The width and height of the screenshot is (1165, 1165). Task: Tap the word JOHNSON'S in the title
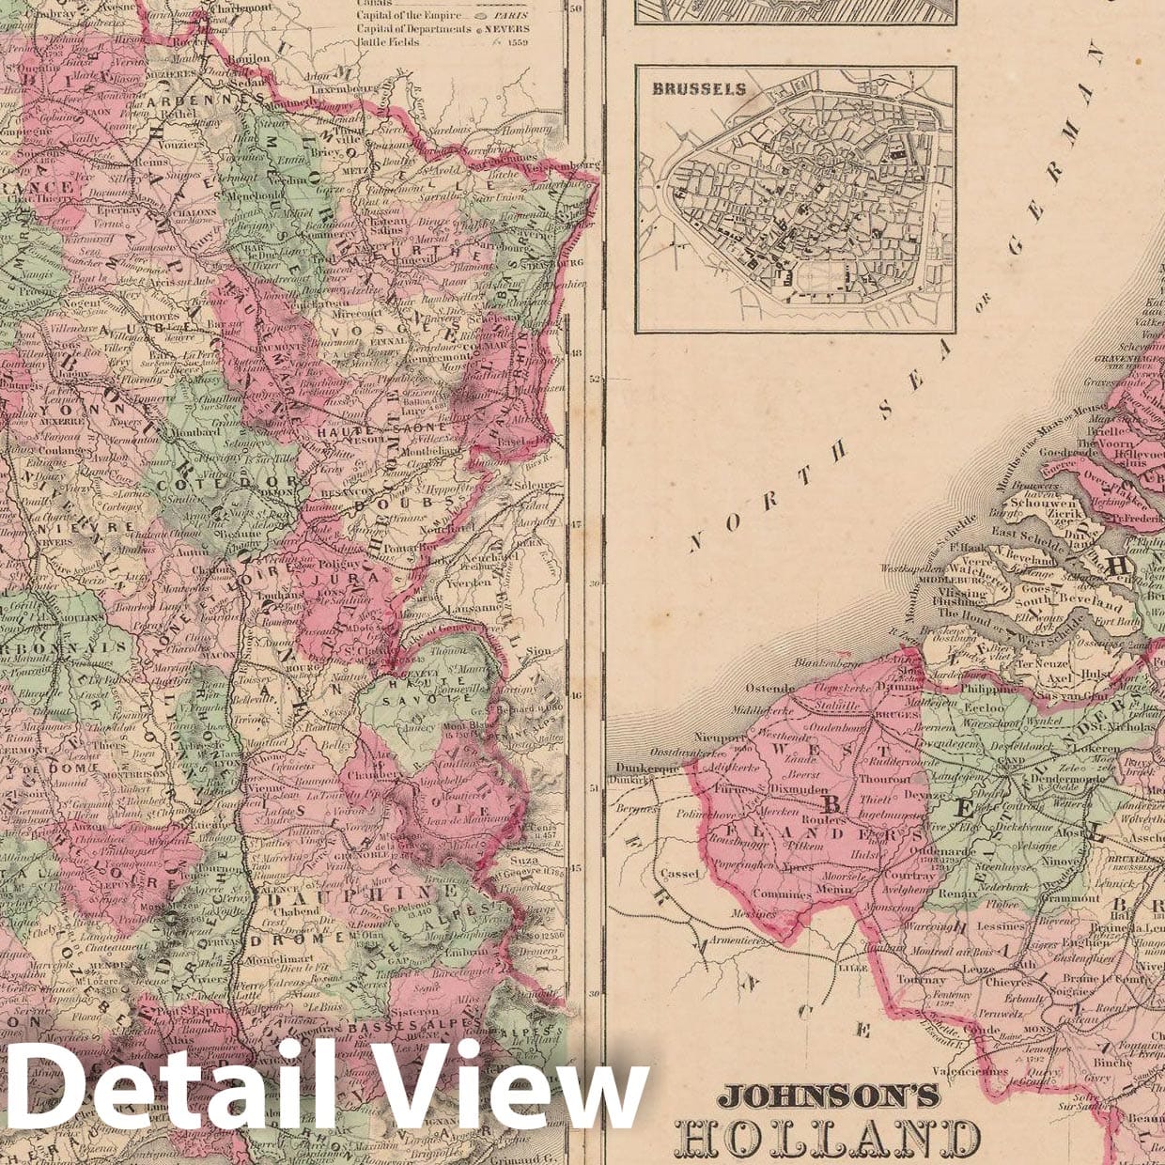point(829,1095)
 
